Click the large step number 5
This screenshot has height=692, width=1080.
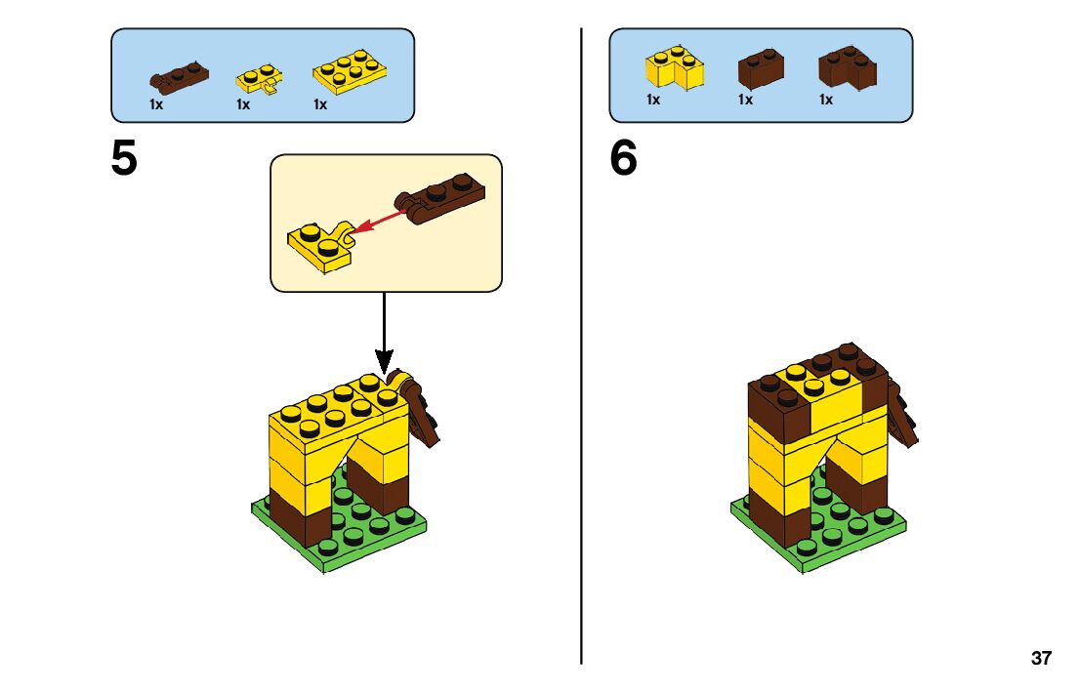coord(124,160)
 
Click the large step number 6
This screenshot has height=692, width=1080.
coord(623,160)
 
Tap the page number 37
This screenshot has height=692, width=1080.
coord(1041,659)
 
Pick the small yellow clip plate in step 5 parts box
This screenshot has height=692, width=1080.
coord(259,79)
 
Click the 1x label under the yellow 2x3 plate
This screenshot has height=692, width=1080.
coord(320,104)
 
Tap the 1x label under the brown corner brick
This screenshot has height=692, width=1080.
coord(826,100)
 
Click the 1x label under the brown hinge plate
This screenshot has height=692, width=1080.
coord(156,104)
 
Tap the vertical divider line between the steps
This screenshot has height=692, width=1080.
coord(582,390)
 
